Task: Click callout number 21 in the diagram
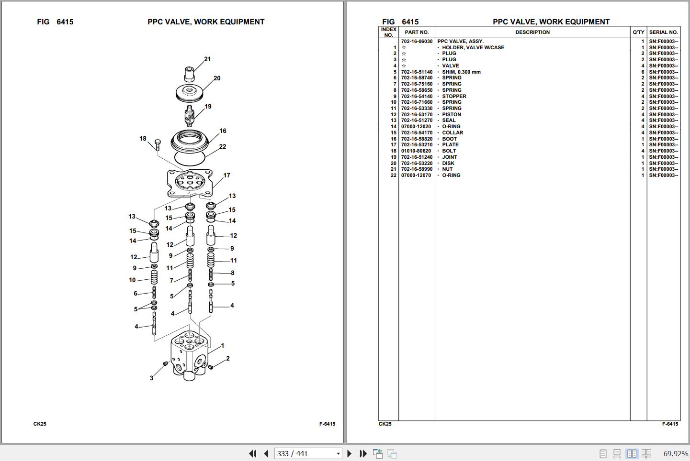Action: coord(207,59)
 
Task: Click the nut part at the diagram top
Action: coord(189,74)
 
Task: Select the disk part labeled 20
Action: coord(190,93)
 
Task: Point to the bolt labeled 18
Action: coord(158,145)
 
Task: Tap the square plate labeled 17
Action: coord(190,183)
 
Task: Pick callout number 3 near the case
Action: coord(152,378)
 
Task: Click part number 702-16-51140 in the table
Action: coord(417,72)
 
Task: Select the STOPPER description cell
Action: coord(454,96)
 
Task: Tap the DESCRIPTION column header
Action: coord(532,33)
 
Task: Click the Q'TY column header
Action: coord(638,33)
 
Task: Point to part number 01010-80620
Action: coord(416,151)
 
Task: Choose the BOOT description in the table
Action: coord(450,139)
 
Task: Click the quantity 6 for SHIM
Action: coord(643,72)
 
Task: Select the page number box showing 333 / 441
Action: coord(308,454)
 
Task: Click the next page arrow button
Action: coord(350,454)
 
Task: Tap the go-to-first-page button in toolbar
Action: coord(253,454)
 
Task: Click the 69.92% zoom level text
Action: coord(676,454)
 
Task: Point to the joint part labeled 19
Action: coord(190,116)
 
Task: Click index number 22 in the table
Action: coord(393,176)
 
